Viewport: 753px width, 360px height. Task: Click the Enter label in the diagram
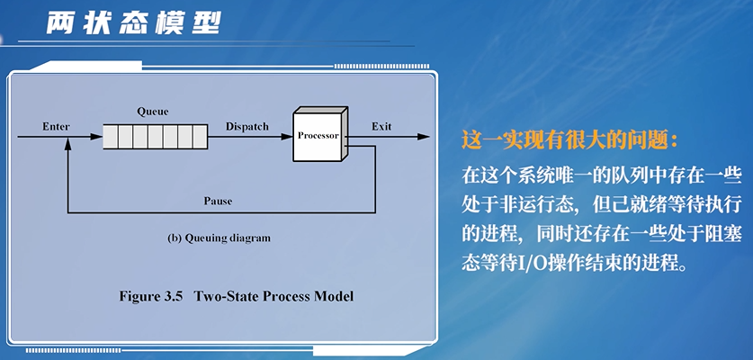point(56,127)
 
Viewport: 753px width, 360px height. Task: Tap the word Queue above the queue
point(153,112)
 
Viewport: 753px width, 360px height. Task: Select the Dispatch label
point(247,127)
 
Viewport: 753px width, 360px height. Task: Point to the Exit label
point(381,127)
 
